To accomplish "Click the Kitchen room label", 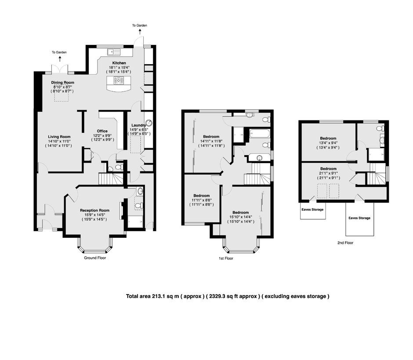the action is tap(119, 63).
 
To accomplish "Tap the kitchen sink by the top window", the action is tap(113, 52).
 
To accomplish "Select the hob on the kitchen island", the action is tap(119, 80).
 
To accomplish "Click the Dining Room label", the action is tap(63, 83).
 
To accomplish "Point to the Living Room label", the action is tap(59, 137).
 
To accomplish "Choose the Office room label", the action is tap(102, 131).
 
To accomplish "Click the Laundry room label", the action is tap(138, 125).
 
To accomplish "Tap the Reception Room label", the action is tap(94, 210).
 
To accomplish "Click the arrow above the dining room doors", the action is tap(60, 59).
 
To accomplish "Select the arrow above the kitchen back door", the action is tap(140, 32).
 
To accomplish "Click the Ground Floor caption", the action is tap(95, 258).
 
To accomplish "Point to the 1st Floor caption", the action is tap(226, 258).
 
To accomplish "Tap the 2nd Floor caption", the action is tap(345, 243).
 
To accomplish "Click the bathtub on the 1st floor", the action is tap(259, 134).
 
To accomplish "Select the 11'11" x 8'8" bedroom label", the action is tap(202, 196).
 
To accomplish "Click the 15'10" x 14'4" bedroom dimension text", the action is tap(241, 217).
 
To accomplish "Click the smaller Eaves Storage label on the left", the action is tap(312, 210).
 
